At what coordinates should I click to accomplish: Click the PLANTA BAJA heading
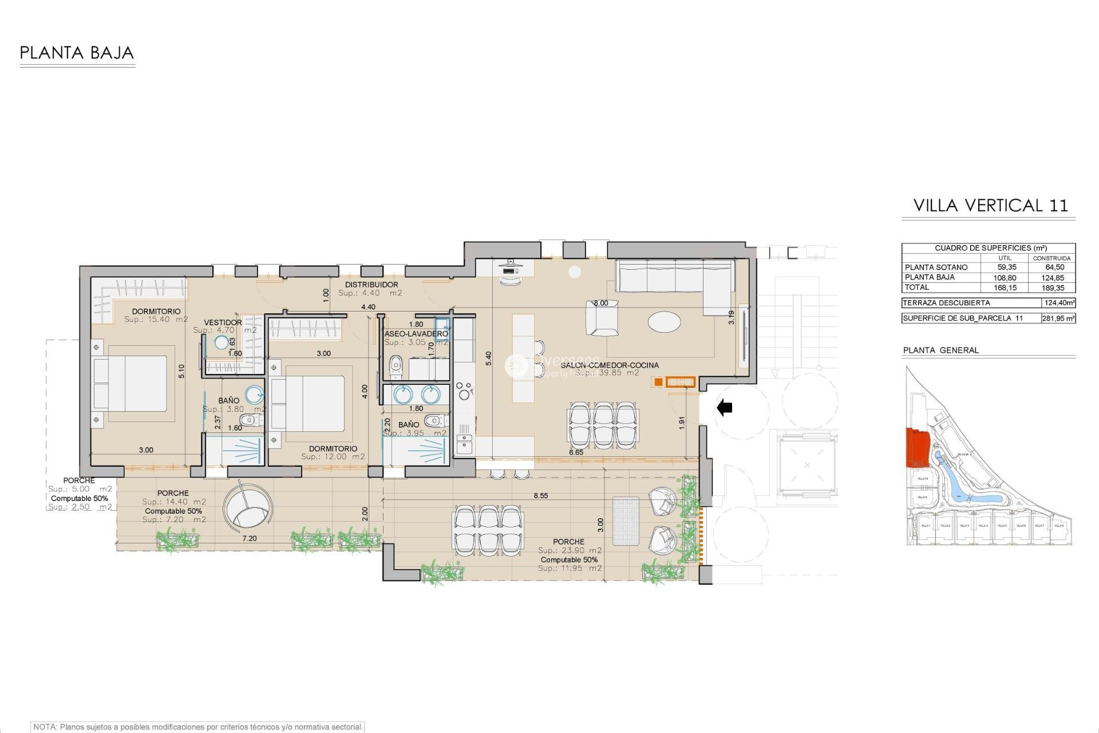pyautogui.click(x=77, y=53)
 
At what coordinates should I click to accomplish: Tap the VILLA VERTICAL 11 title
pyautogui.click(x=990, y=206)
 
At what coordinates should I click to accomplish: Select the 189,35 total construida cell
pyautogui.click(x=1053, y=288)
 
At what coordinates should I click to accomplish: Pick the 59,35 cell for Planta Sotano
pyautogui.click(x=1006, y=267)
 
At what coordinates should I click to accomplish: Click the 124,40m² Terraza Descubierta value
pyautogui.click(x=1058, y=303)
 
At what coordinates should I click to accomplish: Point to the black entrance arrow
pyautogui.click(x=725, y=408)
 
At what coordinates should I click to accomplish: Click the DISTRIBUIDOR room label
pyautogui.click(x=371, y=285)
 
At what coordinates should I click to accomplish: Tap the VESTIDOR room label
pyautogui.click(x=223, y=322)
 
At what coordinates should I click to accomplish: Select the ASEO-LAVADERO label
pyautogui.click(x=416, y=333)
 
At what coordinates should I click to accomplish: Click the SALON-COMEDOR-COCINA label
pyautogui.click(x=609, y=365)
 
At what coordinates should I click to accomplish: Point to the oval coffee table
pyautogui.click(x=664, y=321)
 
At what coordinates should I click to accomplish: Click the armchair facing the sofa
pyautogui.click(x=602, y=319)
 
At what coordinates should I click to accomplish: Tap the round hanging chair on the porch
pyautogui.click(x=247, y=509)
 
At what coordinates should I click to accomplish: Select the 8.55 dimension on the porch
pyautogui.click(x=540, y=496)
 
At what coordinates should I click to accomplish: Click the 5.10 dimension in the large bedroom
pyautogui.click(x=181, y=371)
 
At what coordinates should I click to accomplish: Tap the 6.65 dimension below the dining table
pyautogui.click(x=576, y=452)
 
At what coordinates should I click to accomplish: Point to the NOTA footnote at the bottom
pyautogui.click(x=197, y=727)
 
